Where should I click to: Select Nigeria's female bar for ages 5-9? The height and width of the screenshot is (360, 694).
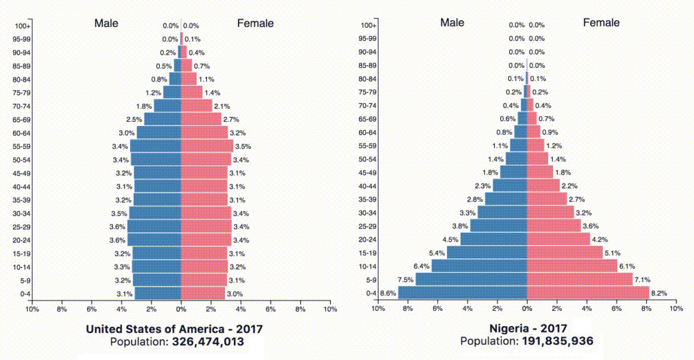[x=580, y=280]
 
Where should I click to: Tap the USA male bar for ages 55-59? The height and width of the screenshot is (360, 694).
[x=156, y=146]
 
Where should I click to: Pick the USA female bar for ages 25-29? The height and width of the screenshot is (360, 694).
[x=206, y=226]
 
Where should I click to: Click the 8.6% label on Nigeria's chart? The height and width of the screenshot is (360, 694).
[x=388, y=294]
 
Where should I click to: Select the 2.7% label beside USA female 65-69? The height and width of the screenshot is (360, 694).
[x=231, y=120]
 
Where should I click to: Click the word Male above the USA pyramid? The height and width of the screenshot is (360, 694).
[x=107, y=24]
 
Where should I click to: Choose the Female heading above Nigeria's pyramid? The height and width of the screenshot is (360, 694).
[x=601, y=23]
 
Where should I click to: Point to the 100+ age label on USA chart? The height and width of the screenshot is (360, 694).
[x=21, y=26]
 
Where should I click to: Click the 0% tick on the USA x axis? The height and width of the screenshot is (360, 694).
[x=181, y=309]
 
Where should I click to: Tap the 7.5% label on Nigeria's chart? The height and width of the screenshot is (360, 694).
[x=405, y=280]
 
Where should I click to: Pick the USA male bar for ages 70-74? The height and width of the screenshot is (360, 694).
[x=167, y=106]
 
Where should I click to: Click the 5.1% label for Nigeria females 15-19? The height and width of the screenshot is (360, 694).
[x=612, y=253]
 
